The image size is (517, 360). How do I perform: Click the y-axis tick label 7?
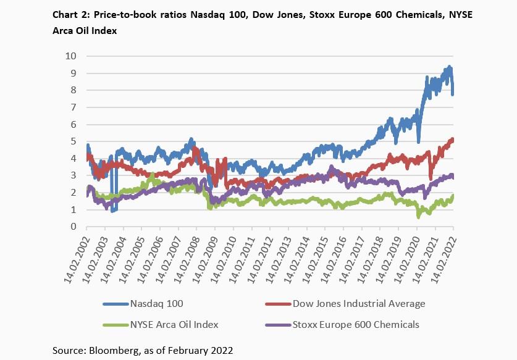click(x=73, y=107)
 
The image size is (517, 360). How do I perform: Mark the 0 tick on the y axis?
click(x=73, y=227)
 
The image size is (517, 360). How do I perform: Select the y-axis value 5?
click(x=73, y=141)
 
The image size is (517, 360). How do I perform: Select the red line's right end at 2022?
click(x=453, y=140)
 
